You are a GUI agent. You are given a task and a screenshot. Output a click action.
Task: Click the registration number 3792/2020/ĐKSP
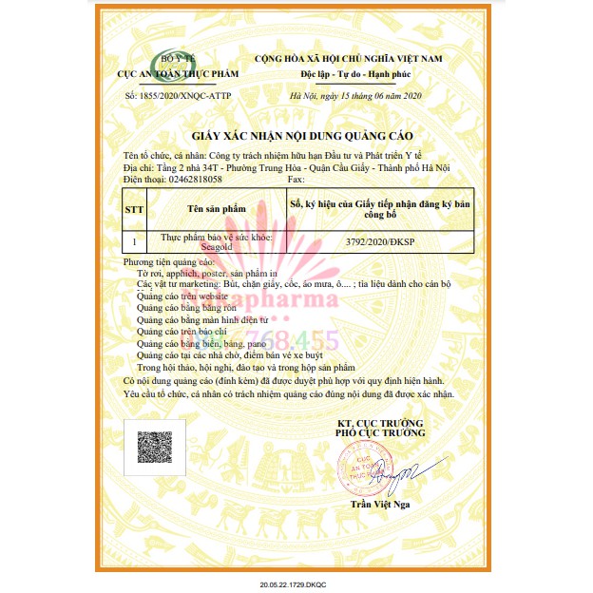[380, 243]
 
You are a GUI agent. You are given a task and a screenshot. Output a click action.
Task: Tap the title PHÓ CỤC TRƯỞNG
[379, 432]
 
